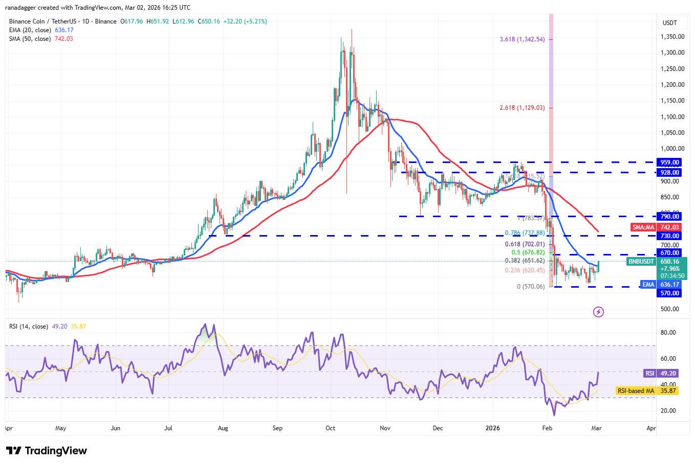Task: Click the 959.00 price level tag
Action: (669, 162)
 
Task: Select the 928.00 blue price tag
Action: (669, 173)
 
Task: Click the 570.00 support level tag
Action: (669, 293)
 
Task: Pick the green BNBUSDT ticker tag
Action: (641, 262)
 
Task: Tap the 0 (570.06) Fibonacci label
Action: (531, 287)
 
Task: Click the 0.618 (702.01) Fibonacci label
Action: (525, 244)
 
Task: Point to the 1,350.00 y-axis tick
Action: (672, 37)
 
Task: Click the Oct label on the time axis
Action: (331, 428)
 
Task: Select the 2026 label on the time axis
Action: (492, 428)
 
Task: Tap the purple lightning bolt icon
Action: (598, 312)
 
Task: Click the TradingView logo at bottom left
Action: (47, 451)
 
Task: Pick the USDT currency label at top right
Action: (669, 23)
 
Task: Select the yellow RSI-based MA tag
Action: (636, 391)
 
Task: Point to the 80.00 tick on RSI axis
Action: (668, 333)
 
